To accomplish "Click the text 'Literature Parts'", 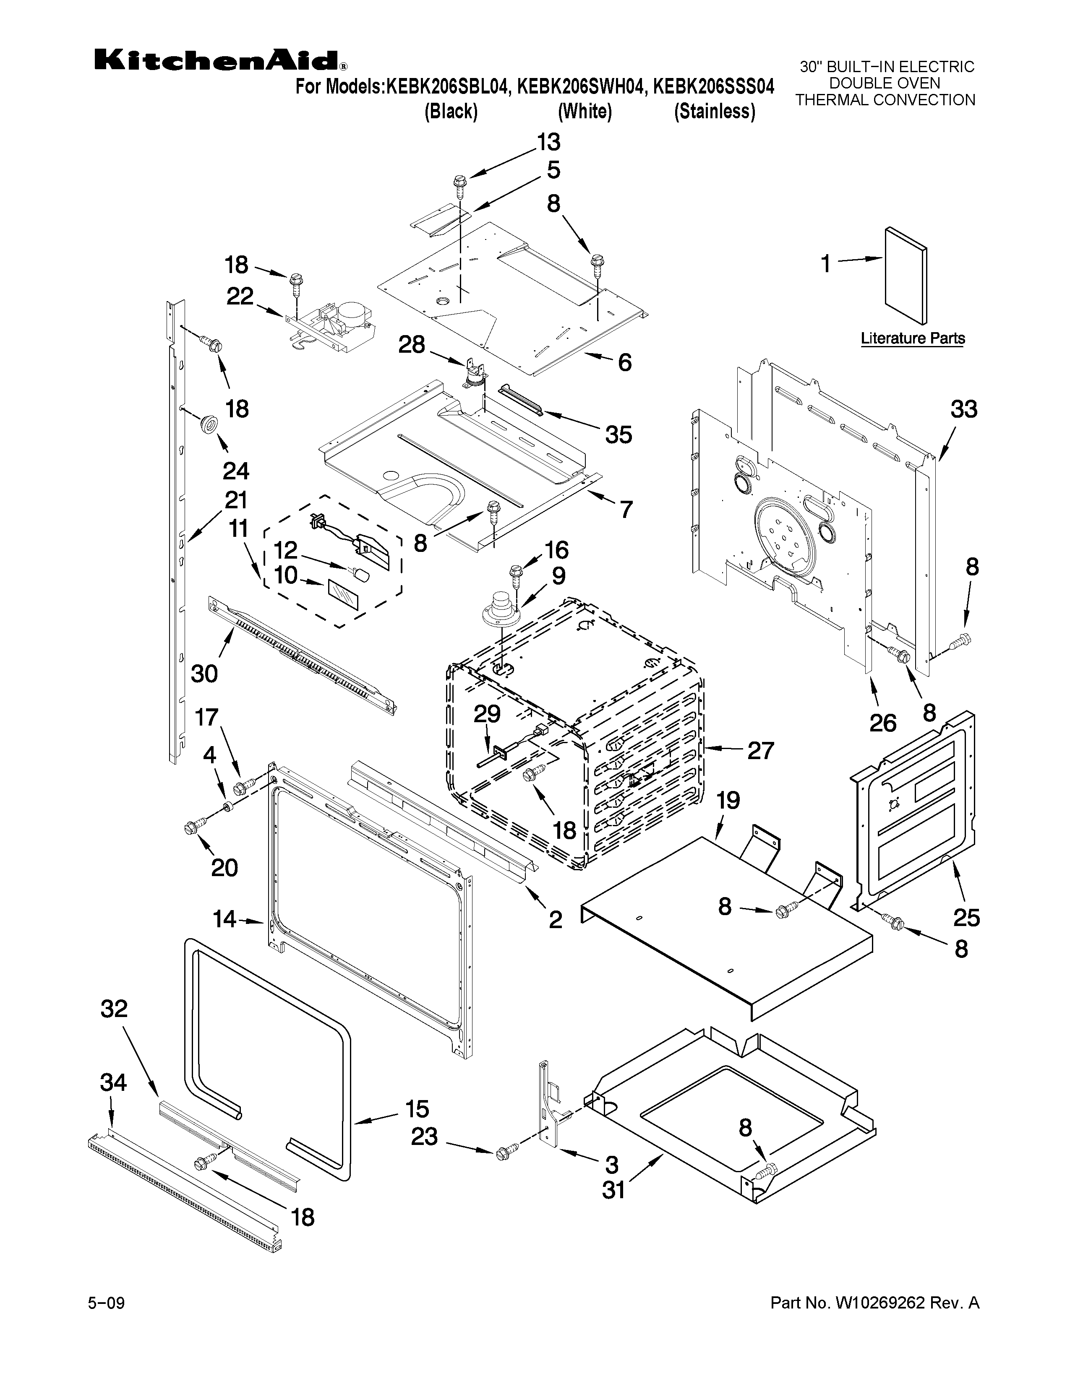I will coord(912,338).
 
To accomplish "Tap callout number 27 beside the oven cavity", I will coord(760,750).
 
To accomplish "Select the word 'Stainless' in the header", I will coord(715,112).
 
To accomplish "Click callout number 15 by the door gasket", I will coord(417,1108).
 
